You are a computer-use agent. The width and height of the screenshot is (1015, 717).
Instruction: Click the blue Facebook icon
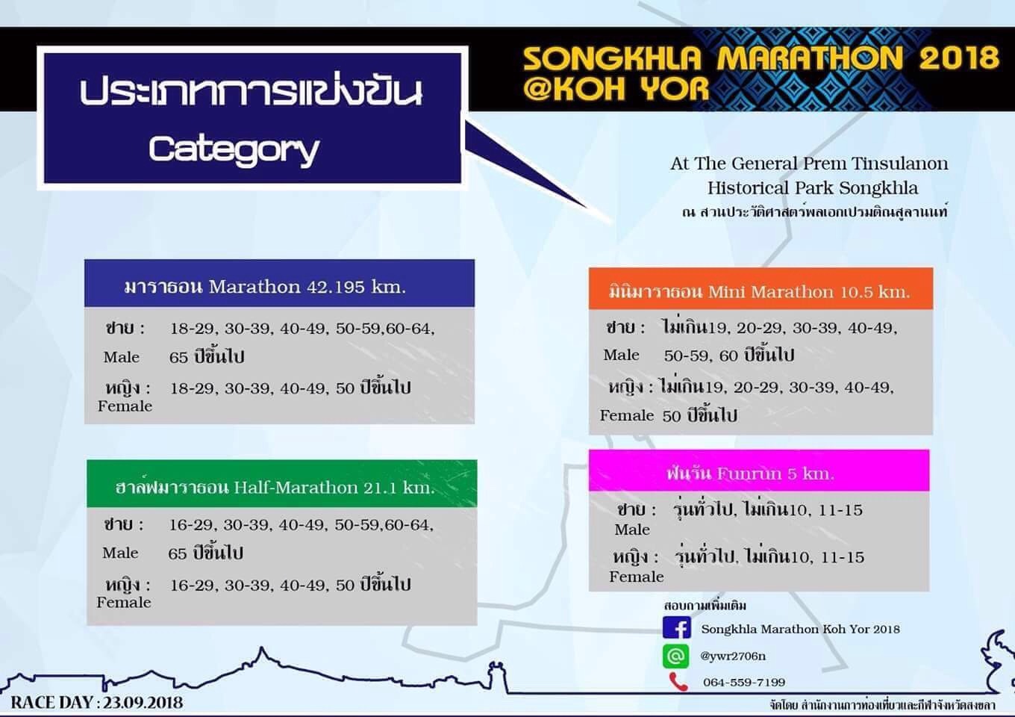[676, 627]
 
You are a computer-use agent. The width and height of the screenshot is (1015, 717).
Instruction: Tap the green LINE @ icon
[675, 656]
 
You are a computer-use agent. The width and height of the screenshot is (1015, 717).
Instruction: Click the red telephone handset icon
[678, 682]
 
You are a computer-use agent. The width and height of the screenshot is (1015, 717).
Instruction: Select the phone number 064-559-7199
[744, 682]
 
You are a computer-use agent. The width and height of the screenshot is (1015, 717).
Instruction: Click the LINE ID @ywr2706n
[733, 656]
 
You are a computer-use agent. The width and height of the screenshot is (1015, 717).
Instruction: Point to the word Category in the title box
[234, 149]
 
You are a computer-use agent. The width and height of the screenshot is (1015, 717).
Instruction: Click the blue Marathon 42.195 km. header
[280, 284]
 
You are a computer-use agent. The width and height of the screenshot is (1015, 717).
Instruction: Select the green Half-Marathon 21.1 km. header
[282, 483]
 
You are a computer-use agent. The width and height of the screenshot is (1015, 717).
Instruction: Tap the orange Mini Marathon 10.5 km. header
[761, 288]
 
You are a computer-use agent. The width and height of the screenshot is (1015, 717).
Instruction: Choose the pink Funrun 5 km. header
[759, 471]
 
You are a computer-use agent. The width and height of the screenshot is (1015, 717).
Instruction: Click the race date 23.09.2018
[143, 703]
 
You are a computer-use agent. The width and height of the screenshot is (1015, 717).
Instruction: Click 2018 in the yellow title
[959, 58]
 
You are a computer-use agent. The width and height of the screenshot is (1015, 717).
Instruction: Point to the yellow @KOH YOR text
[616, 88]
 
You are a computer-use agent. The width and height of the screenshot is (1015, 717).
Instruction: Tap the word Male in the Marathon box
[122, 357]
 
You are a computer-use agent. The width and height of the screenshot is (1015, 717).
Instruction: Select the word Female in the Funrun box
[636, 577]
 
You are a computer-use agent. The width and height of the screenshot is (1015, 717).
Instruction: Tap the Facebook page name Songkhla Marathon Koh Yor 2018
[801, 629]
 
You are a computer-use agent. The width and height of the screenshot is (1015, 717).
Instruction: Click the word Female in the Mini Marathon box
[627, 415]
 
